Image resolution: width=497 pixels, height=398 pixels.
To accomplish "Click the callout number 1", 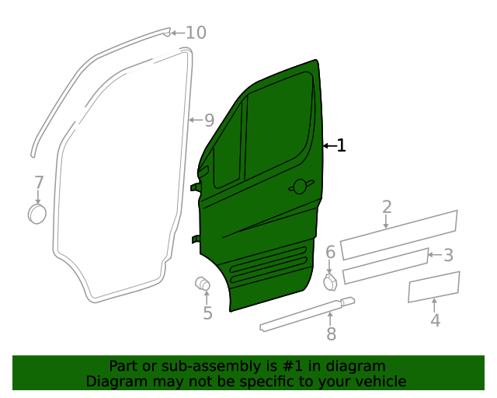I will tap(341, 145).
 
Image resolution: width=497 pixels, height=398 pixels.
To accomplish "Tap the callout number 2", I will tap(387, 207).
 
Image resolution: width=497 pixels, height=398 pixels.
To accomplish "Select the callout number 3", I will tap(448, 255).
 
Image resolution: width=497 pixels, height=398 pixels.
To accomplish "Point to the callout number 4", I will tap(435, 319).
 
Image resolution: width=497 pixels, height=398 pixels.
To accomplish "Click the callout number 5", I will tap(207, 313).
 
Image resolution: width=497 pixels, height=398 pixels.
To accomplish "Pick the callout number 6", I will tap(330, 252).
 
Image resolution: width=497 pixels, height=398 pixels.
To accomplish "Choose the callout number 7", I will tap(39, 183).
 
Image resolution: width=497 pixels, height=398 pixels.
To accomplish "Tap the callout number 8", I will tap(331, 334).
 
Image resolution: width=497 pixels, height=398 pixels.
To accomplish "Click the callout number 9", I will tap(208, 120).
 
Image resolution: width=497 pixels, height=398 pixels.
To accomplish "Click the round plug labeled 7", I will tap(36, 213).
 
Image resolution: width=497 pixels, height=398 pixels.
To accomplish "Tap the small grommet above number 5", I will tap(202, 284).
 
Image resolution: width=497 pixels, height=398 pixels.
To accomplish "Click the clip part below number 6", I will tap(330, 281).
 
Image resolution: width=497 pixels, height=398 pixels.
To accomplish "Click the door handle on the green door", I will tap(299, 186).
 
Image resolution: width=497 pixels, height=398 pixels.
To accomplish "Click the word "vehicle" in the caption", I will tap(379, 381).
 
